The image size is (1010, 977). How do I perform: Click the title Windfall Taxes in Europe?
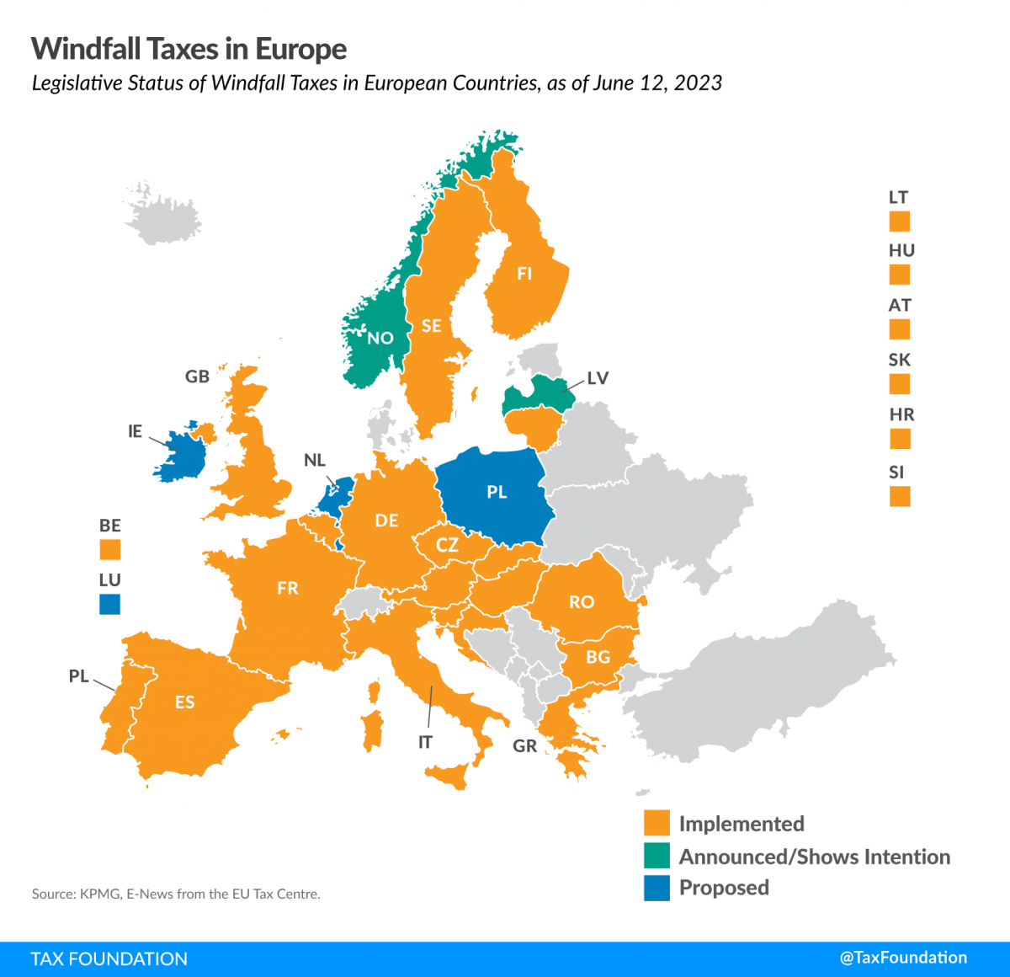189,49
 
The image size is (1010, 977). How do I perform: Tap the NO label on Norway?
380,338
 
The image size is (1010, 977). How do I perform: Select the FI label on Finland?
524,274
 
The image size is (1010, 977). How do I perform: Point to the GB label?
197,376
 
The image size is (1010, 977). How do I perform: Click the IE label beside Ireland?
135,431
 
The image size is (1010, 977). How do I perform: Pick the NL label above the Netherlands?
314,460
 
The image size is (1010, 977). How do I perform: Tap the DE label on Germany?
386,521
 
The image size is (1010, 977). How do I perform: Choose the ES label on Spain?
184,702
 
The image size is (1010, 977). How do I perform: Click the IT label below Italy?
425,742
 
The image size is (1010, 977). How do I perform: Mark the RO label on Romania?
582,602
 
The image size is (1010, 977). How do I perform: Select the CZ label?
447,544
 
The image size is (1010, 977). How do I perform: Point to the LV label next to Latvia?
598,378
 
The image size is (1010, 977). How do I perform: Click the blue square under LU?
109,604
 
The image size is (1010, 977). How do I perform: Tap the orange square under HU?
900,275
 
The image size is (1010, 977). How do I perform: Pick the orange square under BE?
109,550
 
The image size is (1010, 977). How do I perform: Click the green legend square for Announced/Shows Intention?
656,856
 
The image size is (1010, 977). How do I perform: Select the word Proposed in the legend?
724,888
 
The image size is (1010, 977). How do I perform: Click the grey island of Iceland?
162,215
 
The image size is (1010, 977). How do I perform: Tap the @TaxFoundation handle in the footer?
903,958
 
